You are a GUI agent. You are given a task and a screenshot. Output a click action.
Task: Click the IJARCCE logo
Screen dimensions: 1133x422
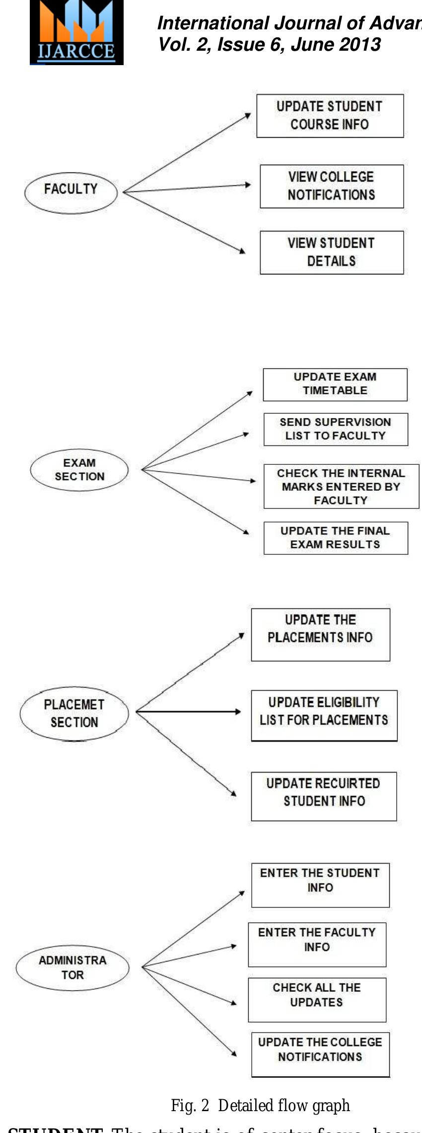pyautogui.click(x=76, y=33)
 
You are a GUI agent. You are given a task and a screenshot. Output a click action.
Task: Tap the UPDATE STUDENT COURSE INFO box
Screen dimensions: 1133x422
pyautogui.click(x=330, y=116)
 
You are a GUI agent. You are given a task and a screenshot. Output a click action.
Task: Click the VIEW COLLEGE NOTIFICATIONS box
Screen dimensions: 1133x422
pyautogui.click(x=332, y=186)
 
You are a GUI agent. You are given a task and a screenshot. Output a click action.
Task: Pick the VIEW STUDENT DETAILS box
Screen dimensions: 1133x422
pyautogui.click(x=332, y=253)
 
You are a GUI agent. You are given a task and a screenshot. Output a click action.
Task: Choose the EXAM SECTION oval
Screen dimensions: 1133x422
pyautogui.click(x=79, y=470)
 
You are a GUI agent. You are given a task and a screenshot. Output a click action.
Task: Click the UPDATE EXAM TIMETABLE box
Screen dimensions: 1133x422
pyautogui.click(x=335, y=384)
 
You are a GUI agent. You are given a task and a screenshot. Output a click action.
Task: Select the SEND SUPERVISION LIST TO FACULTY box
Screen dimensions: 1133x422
pyautogui.click(x=336, y=429)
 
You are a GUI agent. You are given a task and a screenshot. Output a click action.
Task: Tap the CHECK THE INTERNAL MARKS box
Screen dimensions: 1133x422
pyautogui.click(x=341, y=486)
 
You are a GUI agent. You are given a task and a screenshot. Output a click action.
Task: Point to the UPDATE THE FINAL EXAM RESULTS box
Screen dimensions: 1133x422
pyautogui.click(x=336, y=538)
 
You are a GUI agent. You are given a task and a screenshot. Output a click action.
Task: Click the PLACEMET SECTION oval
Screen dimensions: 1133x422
pyautogui.click(x=74, y=713)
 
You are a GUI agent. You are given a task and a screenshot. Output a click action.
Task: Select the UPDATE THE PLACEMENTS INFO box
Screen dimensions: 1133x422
pyautogui.click(x=320, y=634)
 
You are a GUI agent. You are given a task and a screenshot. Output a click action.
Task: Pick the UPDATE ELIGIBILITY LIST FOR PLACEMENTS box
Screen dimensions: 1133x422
pyautogui.click(x=324, y=715)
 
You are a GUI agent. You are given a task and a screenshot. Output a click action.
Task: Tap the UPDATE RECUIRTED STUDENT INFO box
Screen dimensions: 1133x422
pyautogui.click(x=324, y=796)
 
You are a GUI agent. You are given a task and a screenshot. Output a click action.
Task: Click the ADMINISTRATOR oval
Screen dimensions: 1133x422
pyautogui.click(x=72, y=967)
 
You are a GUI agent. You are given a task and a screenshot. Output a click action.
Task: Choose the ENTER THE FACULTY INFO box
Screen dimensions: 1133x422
pyautogui.click(x=317, y=945)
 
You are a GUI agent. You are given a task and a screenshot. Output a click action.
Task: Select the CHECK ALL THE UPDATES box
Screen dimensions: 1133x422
pyautogui.click(x=317, y=1000)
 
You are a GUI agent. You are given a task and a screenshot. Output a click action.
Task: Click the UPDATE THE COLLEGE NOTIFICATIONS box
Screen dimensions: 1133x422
pyautogui.click(x=320, y=1054)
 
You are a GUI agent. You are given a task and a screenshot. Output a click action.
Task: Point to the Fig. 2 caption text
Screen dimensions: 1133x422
pyautogui.click(x=260, y=1106)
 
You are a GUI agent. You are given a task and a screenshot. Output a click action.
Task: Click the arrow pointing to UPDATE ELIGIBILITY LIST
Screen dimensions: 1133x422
pyautogui.click(x=189, y=712)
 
